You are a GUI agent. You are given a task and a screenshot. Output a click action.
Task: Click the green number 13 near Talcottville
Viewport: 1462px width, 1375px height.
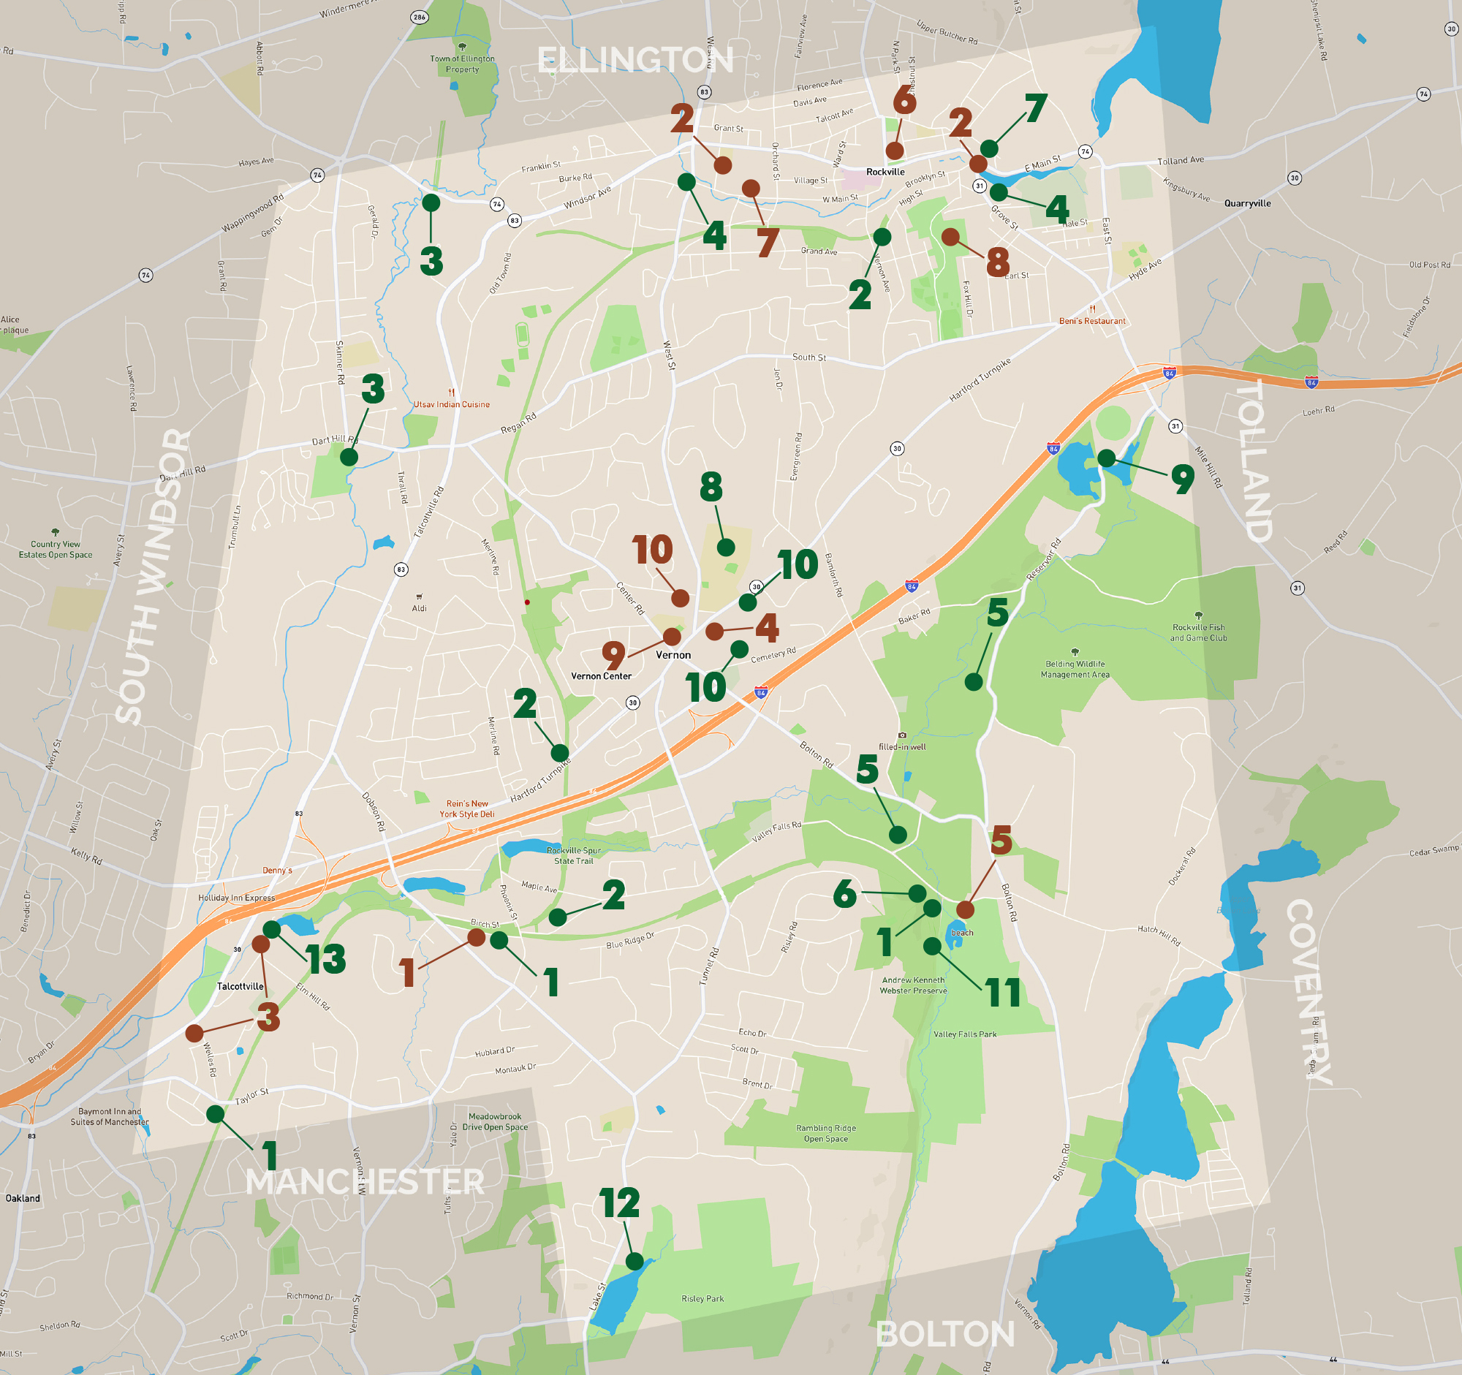326,959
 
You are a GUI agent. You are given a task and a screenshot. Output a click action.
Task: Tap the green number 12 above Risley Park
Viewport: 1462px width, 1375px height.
619,1204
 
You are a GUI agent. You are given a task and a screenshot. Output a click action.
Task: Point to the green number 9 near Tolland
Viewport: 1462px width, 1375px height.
1182,479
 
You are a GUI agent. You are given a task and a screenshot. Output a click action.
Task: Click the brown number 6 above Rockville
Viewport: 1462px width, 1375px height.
904,100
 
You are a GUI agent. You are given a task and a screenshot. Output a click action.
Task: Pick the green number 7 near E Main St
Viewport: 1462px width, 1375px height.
1037,108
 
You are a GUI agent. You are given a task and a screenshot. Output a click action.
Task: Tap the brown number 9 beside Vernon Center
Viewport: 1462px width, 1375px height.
613,654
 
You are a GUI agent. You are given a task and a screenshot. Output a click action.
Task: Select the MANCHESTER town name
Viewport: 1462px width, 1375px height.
365,1182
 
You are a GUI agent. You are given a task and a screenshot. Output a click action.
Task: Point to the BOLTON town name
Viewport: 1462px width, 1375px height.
946,1334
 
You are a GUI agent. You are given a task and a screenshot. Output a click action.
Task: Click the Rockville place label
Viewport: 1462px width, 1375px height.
885,172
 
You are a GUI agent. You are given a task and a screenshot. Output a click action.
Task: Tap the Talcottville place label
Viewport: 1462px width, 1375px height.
240,986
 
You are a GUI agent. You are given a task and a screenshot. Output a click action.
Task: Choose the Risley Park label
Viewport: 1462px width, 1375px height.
702,1298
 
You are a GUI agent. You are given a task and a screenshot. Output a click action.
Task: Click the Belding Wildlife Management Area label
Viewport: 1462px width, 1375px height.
1075,669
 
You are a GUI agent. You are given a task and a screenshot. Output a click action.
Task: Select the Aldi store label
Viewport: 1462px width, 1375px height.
419,608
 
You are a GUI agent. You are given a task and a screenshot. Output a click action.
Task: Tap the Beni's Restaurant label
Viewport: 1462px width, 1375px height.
1092,321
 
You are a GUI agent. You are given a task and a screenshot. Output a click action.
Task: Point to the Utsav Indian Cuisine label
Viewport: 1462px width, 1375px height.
451,404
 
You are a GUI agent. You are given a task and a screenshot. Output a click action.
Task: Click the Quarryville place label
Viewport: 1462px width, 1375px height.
1247,203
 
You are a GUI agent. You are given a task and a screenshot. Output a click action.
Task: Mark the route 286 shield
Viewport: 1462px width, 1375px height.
419,17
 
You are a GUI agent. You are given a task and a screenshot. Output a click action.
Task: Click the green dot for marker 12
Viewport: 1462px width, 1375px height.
634,1262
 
